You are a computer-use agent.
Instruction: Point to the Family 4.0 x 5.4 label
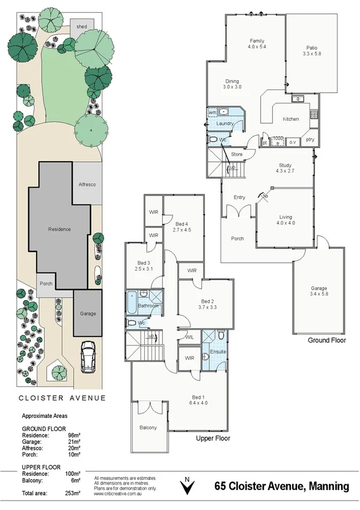pyautogui.click(x=257, y=43)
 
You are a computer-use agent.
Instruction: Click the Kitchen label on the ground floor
pyautogui.click(x=291, y=119)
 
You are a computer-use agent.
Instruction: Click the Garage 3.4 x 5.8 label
pyautogui.click(x=319, y=292)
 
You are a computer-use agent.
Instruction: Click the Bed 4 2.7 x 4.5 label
pyautogui.click(x=182, y=227)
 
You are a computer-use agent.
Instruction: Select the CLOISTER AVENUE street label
pyautogui.click(x=63, y=397)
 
